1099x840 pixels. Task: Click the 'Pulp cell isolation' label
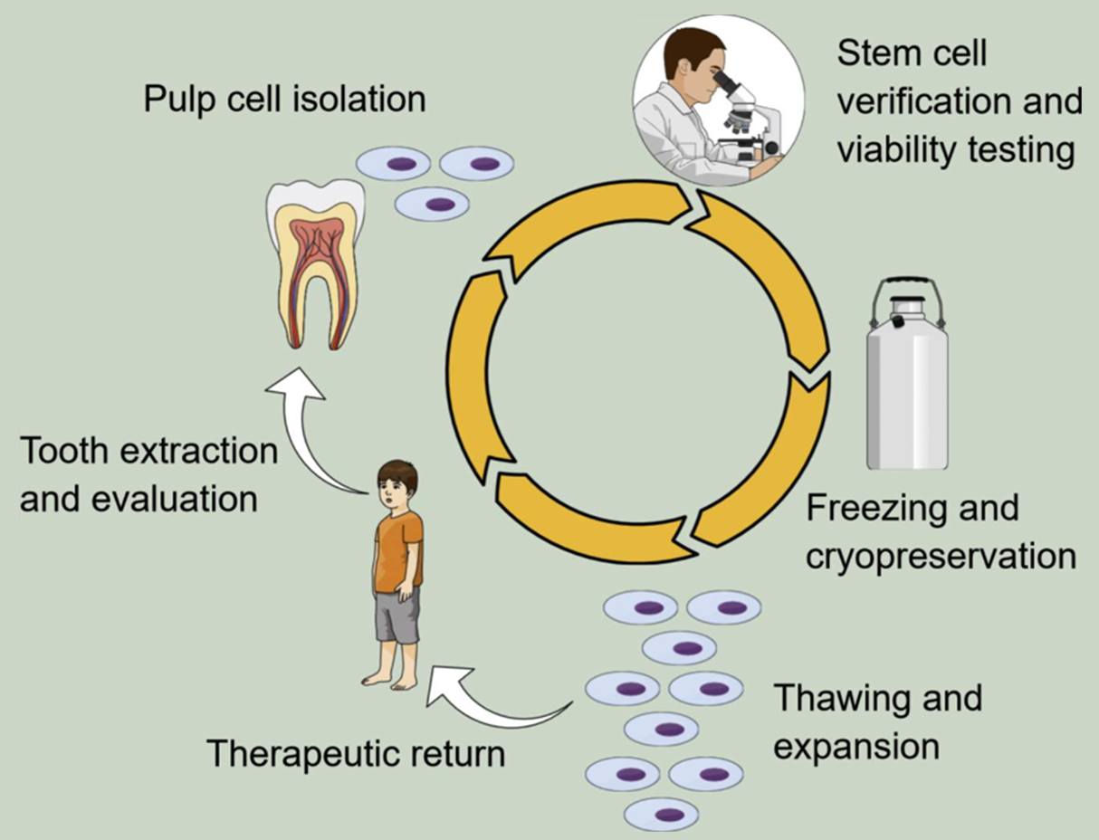284,99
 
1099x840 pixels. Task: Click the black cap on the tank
898,320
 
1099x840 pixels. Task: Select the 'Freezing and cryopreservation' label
941,531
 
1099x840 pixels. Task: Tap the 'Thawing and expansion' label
877,722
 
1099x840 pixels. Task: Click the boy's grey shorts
397,615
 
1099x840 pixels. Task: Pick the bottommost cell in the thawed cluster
668,814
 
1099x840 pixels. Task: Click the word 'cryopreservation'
941,556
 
